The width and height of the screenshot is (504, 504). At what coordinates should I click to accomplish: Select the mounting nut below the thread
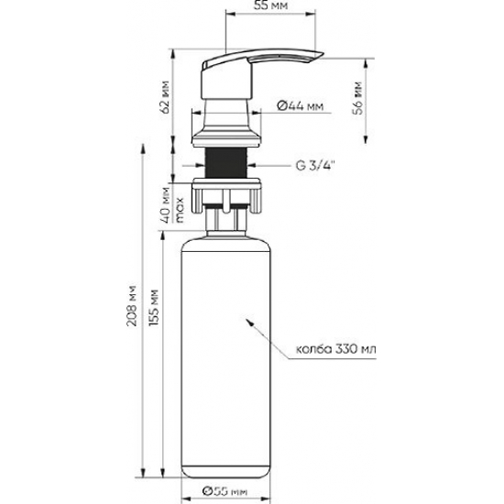click(x=226, y=192)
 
